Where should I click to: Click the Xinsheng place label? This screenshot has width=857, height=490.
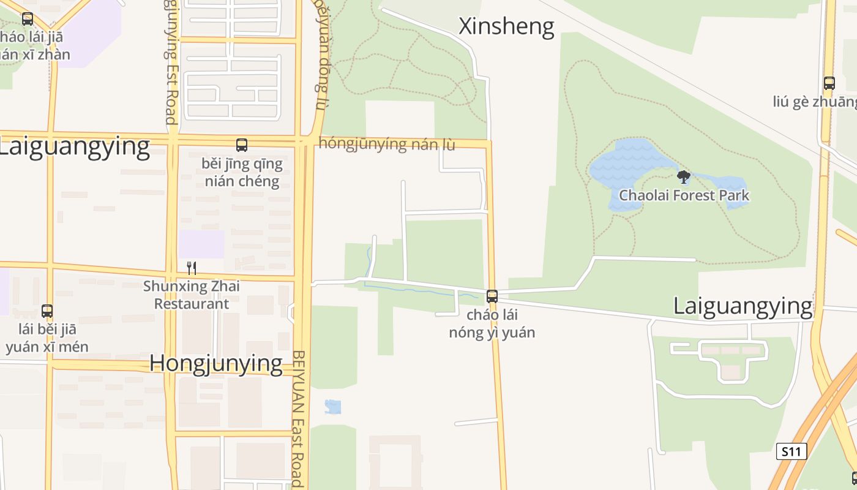(506, 26)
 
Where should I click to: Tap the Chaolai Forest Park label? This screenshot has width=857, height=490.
(684, 195)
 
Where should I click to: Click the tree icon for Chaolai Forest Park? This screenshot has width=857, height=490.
(684, 178)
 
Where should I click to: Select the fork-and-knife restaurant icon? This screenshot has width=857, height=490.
(192, 268)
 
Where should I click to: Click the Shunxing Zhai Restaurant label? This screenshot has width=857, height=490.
(192, 295)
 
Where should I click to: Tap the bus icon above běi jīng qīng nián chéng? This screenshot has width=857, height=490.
(242, 145)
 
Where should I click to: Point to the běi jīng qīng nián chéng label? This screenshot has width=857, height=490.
(242, 173)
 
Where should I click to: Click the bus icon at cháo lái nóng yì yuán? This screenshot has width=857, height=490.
(492, 296)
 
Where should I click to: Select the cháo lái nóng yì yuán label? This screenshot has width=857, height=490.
(492, 324)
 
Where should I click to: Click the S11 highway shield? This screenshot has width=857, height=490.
(791, 452)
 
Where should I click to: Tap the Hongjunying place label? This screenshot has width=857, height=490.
(216, 363)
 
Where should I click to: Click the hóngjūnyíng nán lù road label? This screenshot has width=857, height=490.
(387, 145)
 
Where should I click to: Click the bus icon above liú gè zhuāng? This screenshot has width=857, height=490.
(829, 83)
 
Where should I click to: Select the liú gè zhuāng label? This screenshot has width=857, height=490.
(814, 102)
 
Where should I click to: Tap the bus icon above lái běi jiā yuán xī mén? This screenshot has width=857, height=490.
(47, 311)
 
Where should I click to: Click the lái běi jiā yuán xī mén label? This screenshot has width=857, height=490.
(47, 338)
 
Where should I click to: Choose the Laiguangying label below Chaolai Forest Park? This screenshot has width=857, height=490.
(743, 306)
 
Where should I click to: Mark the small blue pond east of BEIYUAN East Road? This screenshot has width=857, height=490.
(333, 407)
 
